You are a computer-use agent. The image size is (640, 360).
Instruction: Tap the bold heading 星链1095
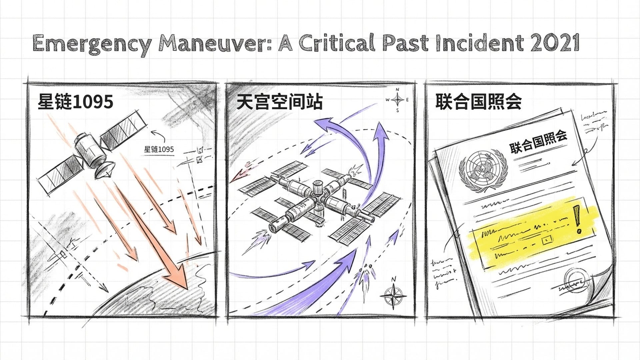pyautogui.click(x=75, y=101)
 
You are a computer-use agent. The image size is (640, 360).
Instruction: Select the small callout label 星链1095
pyautogui.click(x=159, y=149)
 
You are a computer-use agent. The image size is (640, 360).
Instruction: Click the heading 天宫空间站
pyautogui.click(x=279, y=102)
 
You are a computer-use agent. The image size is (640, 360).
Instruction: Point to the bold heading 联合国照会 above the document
pyautogui.click(x=479, y=102)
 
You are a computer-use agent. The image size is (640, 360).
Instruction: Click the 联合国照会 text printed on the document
pyautogui.click(x=538, y=142)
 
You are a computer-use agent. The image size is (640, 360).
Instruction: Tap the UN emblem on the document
pyautogui.click(x=483, y=170)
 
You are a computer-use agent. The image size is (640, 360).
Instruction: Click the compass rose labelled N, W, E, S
pyautogui.click(x=397, y=99)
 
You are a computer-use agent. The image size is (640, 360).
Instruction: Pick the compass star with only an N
pyautogui.click(x=393, y=295)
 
